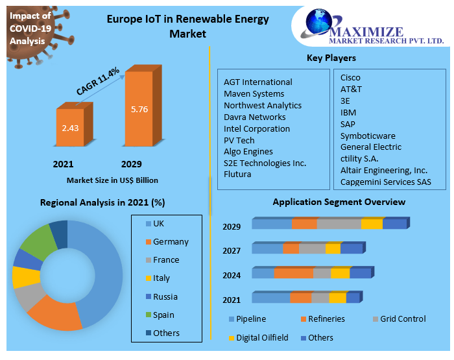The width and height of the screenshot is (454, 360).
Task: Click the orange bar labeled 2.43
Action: coord(70,128)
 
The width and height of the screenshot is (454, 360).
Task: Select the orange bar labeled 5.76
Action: coord(139,109)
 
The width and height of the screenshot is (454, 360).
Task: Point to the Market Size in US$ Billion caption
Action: coord(112,180)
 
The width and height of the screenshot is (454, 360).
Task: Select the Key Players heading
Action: coord(331,58)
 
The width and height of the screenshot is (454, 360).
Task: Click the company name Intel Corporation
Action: coord(257,128)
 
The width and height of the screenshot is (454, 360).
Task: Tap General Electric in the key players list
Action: coord(371,147)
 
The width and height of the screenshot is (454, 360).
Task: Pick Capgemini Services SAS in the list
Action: coord(385,182)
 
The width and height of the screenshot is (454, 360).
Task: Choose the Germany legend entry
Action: coord(170,242)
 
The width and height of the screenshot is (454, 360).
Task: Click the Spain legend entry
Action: coord(163,315)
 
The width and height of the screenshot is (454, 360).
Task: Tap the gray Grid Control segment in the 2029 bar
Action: coord(339,224)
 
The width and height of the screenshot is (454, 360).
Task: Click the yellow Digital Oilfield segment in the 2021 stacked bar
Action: coord(337,298)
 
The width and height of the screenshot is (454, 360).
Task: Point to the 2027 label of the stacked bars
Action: coord(232,250)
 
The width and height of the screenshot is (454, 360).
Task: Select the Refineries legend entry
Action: coord(326,319)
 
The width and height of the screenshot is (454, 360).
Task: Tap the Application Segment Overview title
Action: coord(339,202)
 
